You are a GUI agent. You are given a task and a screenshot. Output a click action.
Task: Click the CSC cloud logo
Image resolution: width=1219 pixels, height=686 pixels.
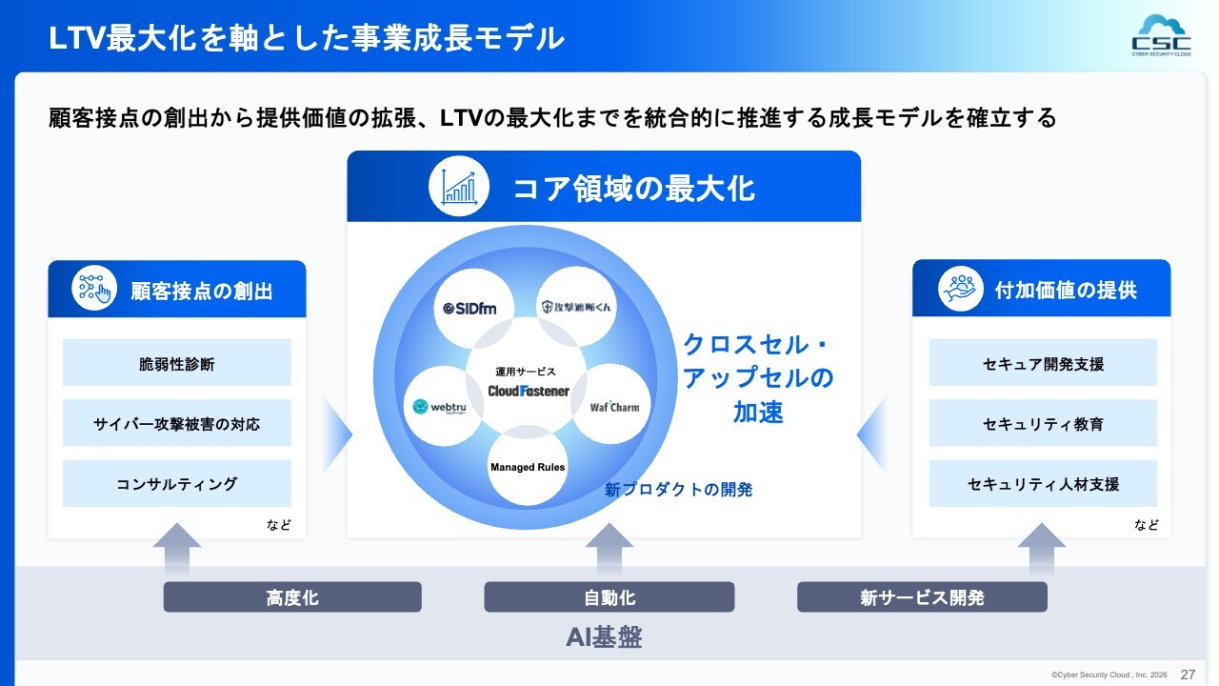coord(1161,35)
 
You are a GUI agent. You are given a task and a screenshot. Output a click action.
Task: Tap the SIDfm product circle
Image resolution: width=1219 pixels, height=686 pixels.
coord(477,308)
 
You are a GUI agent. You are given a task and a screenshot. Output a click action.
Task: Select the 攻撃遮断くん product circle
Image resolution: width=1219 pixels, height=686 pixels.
coord(577,306)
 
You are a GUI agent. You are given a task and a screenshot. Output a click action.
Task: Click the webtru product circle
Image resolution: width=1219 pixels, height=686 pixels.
coord(444,406)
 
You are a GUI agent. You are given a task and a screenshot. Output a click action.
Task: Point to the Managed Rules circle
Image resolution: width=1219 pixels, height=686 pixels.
coord(528,467)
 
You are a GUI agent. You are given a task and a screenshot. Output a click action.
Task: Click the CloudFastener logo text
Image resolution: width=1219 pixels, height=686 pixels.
coord(529,391)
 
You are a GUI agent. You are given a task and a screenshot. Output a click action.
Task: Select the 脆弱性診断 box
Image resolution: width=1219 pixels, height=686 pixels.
coord(177,363)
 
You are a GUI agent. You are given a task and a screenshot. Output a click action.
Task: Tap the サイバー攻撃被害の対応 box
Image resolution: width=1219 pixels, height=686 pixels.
coord(177,423)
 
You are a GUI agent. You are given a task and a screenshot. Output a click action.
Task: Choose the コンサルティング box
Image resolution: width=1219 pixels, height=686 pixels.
coord(177,484)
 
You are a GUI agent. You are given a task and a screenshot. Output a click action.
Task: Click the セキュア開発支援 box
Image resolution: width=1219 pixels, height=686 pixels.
coord(1043,363)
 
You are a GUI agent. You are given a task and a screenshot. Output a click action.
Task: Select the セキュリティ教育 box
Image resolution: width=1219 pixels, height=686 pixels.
coord(1043,423)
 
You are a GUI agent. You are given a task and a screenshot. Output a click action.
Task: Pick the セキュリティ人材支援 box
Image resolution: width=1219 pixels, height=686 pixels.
coord(1043,484)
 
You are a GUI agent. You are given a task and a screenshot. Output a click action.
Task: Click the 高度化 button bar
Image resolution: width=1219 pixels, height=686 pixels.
coord(292,597)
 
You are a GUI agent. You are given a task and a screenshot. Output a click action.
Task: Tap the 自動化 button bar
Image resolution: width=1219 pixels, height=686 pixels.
coord(609,597)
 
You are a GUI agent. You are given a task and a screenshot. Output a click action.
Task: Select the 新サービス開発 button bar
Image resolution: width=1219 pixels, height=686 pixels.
coord(922,597)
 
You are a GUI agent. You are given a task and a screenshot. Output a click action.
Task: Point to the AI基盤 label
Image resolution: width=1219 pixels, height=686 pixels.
coord(604,637)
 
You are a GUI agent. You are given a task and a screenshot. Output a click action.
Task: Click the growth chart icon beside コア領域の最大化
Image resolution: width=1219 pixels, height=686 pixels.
coord(459,187)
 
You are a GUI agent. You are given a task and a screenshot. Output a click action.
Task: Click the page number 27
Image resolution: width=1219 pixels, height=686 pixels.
coord(1188,674)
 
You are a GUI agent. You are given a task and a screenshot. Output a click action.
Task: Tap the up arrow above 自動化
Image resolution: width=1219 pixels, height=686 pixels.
coord(609,547)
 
